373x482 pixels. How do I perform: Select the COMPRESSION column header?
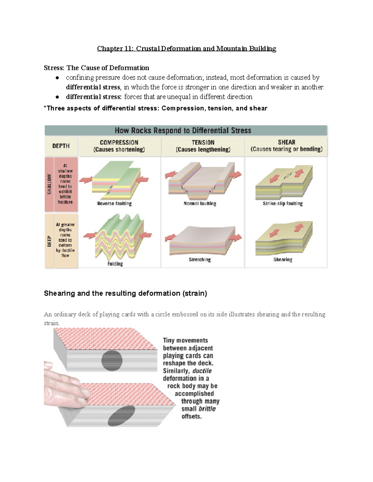pos(119,146)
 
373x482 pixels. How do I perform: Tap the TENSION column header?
pos(203,146)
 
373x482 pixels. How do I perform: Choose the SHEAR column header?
pos(286,145)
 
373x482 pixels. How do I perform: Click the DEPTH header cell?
pos(61,146)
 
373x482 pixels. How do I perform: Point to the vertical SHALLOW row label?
pos(49,184)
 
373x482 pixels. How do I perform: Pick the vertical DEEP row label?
pos(49,241)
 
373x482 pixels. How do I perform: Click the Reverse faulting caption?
pos(114,204)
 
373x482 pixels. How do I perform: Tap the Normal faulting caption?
pos(200,204)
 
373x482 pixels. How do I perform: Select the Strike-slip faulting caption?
pos(283,204)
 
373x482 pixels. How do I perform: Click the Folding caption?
pos(115,264)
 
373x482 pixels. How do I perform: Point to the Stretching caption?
pos(200,259)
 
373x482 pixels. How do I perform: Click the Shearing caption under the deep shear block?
pos(283,259)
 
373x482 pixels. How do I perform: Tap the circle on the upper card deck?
pos(112,361)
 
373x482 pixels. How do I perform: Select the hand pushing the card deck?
pos(64,386)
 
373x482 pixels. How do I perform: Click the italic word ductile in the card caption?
pos(202,371)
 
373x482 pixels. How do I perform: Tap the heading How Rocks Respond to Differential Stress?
pos(183,130)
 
